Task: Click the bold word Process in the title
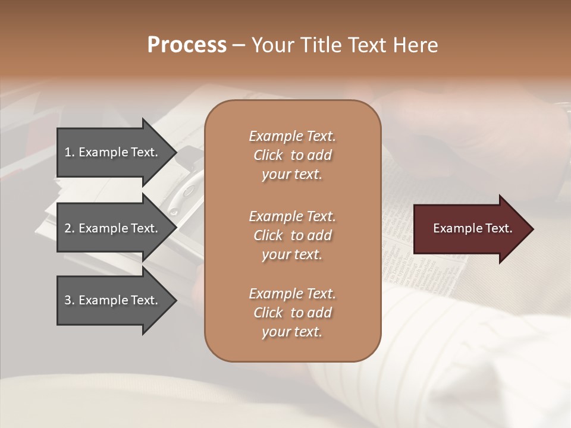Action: [187, 45]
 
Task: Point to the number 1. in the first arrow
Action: [70, 152]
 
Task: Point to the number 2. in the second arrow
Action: [70, 228]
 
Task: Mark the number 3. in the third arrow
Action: [70, 300]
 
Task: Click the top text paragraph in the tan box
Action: [292, 155]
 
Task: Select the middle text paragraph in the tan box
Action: [292, 235]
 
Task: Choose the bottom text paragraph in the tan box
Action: [292, 313]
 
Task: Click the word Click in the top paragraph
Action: [268, 155]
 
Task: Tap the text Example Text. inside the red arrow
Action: [473, 228]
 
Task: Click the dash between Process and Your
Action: [239, 45]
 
